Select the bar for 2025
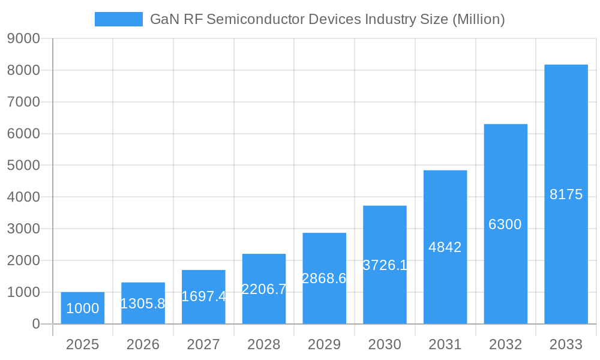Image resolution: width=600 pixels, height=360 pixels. click(x=82, y=308)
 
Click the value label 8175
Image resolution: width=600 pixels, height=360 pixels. click(x=566, y=194)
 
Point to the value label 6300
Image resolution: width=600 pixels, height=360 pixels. click(x=505, y=224)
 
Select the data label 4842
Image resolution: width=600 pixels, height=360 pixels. click(x=445, y=247)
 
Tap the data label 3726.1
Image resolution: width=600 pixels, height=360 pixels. click(x=385, y=265)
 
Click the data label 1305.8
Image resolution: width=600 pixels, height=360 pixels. click(x=143, y=304)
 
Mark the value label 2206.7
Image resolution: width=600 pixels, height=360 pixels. click(x=264, y=289)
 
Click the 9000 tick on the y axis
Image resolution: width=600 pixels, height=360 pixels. click(x=23, y=39)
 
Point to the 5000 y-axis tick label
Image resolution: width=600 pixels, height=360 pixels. click(x=23, y=166)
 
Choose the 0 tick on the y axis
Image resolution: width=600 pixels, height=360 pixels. click(x=35, y=324)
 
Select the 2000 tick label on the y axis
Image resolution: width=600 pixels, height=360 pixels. click(x=23, y=260)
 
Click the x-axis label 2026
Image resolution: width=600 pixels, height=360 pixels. click(x=143, y=344)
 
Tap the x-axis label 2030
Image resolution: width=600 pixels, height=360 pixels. click(x=385, y=344)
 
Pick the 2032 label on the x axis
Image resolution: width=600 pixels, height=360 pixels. click(x=505, y=344)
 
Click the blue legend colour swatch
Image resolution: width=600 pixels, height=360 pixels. click(x=119, y=19)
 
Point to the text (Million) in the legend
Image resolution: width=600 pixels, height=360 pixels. click(x=478, y=19)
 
